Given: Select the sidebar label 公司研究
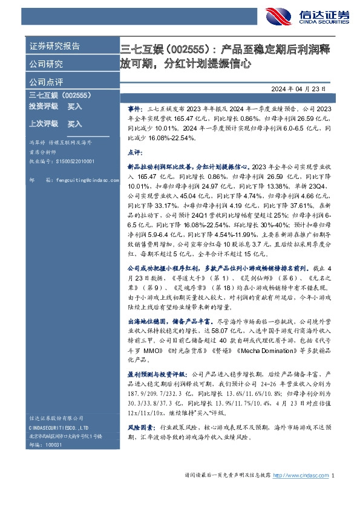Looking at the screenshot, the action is pyautogui.click(x=45, y=63).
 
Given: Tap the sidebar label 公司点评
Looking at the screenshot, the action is pyautogui.click(x=45, y=82).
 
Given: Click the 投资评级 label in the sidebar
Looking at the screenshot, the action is pyautogui.click(x=43, y=106).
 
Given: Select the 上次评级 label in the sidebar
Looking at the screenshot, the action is pyautogui.click(x=43, y=124).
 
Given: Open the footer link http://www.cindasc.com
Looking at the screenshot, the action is pyautogui.click(x=301, y=476).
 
